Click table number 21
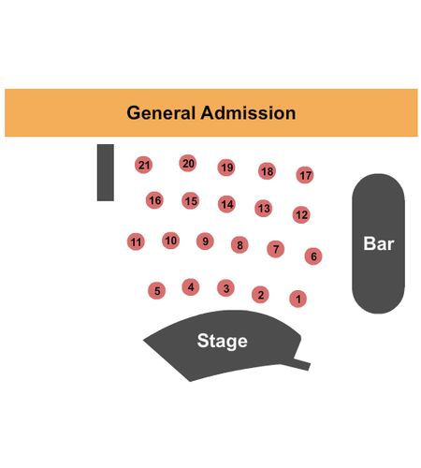tap(143, 165)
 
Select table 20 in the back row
tap(188, 163)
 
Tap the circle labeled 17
tap(305, 175)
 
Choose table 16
tap(154, 200)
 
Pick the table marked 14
tap(226, 204)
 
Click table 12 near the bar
tap(301, 214)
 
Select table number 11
tap(136, 241)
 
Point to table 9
tap(205, 241)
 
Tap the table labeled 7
tap(276, 249)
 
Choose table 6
tap(313, 256)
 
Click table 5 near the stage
tap(156, 291)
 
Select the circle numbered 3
tap(225, 288)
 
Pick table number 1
tap(298, 299)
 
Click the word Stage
tap(223, 341)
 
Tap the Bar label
tap(379, 243)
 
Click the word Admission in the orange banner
tap(248, 112)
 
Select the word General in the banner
tap(161, 112)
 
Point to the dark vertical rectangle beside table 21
tap(106, 172)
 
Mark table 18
tap(267, 171)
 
